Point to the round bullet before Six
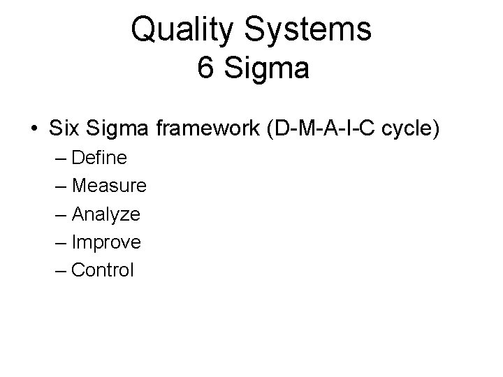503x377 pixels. coord(34,128)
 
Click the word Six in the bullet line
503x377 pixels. coord(64,128)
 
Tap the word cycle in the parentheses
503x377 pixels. coord(413,128)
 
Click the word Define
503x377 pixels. coord(99,158)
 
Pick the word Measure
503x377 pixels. coord(109,186)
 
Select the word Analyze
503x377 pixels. coord(105,214)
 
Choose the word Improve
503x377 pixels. coord(106,242)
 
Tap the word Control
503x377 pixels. coord(103,270)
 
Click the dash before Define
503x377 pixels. coord(60,158)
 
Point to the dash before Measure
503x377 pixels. coord(60,186)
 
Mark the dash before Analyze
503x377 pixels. coord(60,214)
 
